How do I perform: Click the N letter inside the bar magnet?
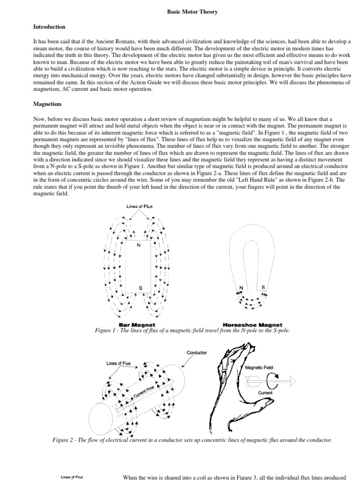138,245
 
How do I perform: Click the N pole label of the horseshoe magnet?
241,287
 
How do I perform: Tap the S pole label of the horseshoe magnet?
263,287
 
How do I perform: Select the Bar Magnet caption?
137,324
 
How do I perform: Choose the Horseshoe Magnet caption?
252,324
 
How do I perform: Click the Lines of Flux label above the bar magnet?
140,207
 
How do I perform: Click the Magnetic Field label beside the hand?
259,368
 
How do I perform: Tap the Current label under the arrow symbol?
266,392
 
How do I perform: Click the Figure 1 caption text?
192,331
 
